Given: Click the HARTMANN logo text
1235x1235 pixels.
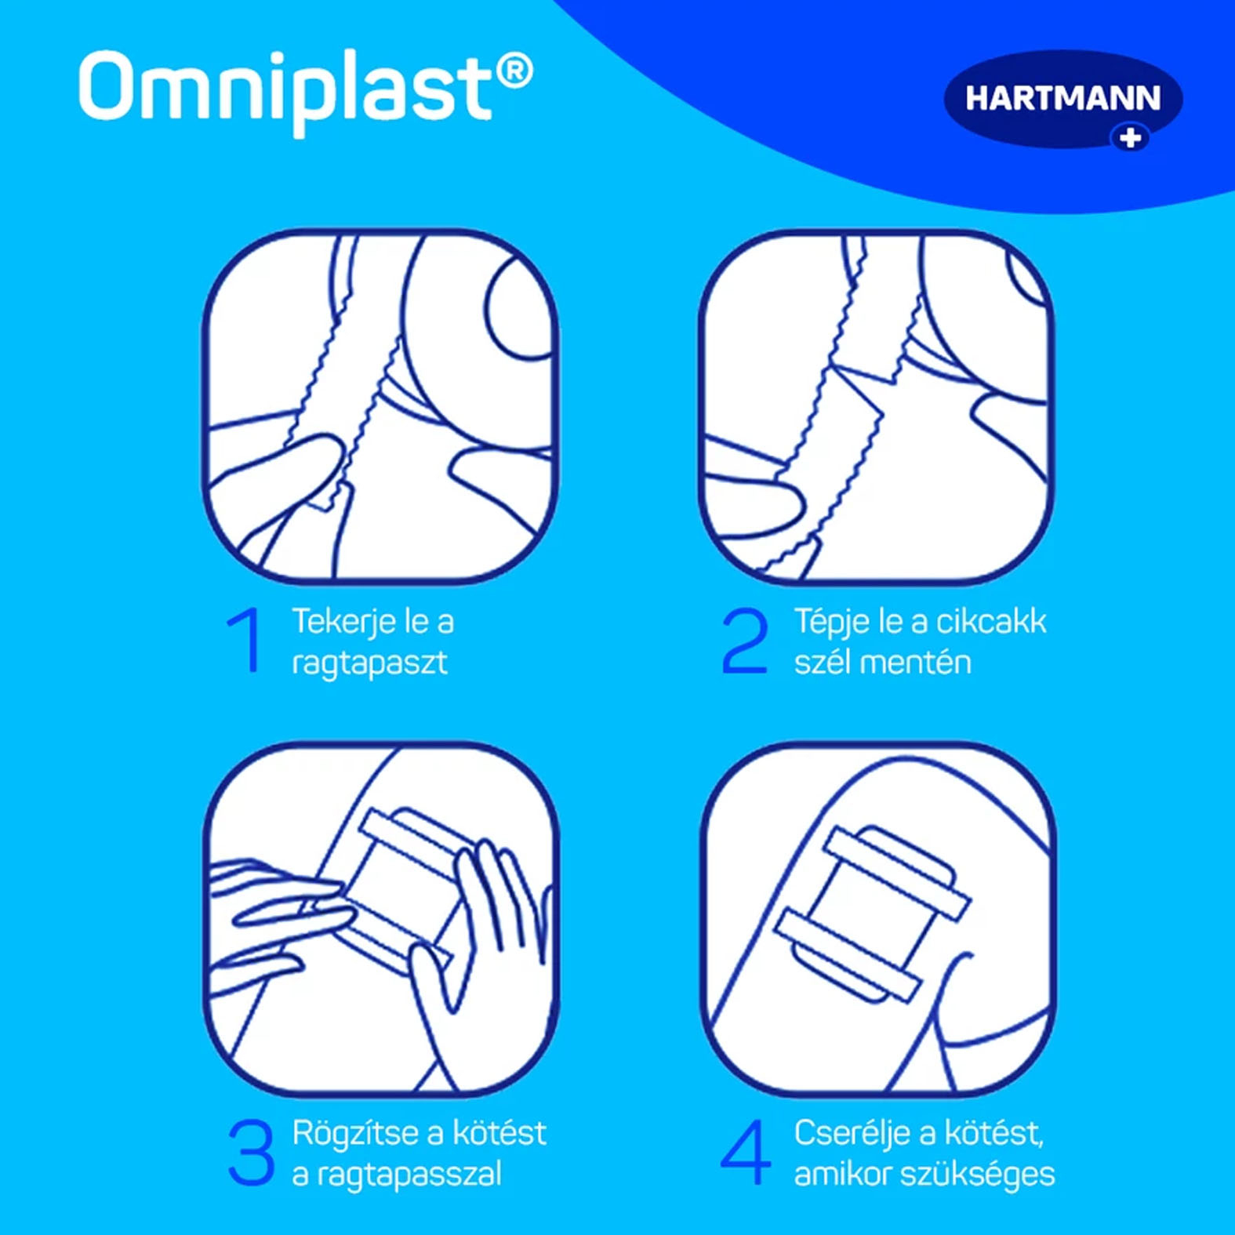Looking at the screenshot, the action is [1062, 99].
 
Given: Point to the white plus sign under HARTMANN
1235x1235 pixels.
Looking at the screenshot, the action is [1130, 139].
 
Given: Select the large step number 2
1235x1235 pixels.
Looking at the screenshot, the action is [744, 640].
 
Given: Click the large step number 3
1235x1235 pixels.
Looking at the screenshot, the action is [251, 1152].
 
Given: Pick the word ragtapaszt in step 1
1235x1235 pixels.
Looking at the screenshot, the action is [369, 663].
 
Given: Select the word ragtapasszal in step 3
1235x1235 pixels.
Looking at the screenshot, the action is [408, 1175].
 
